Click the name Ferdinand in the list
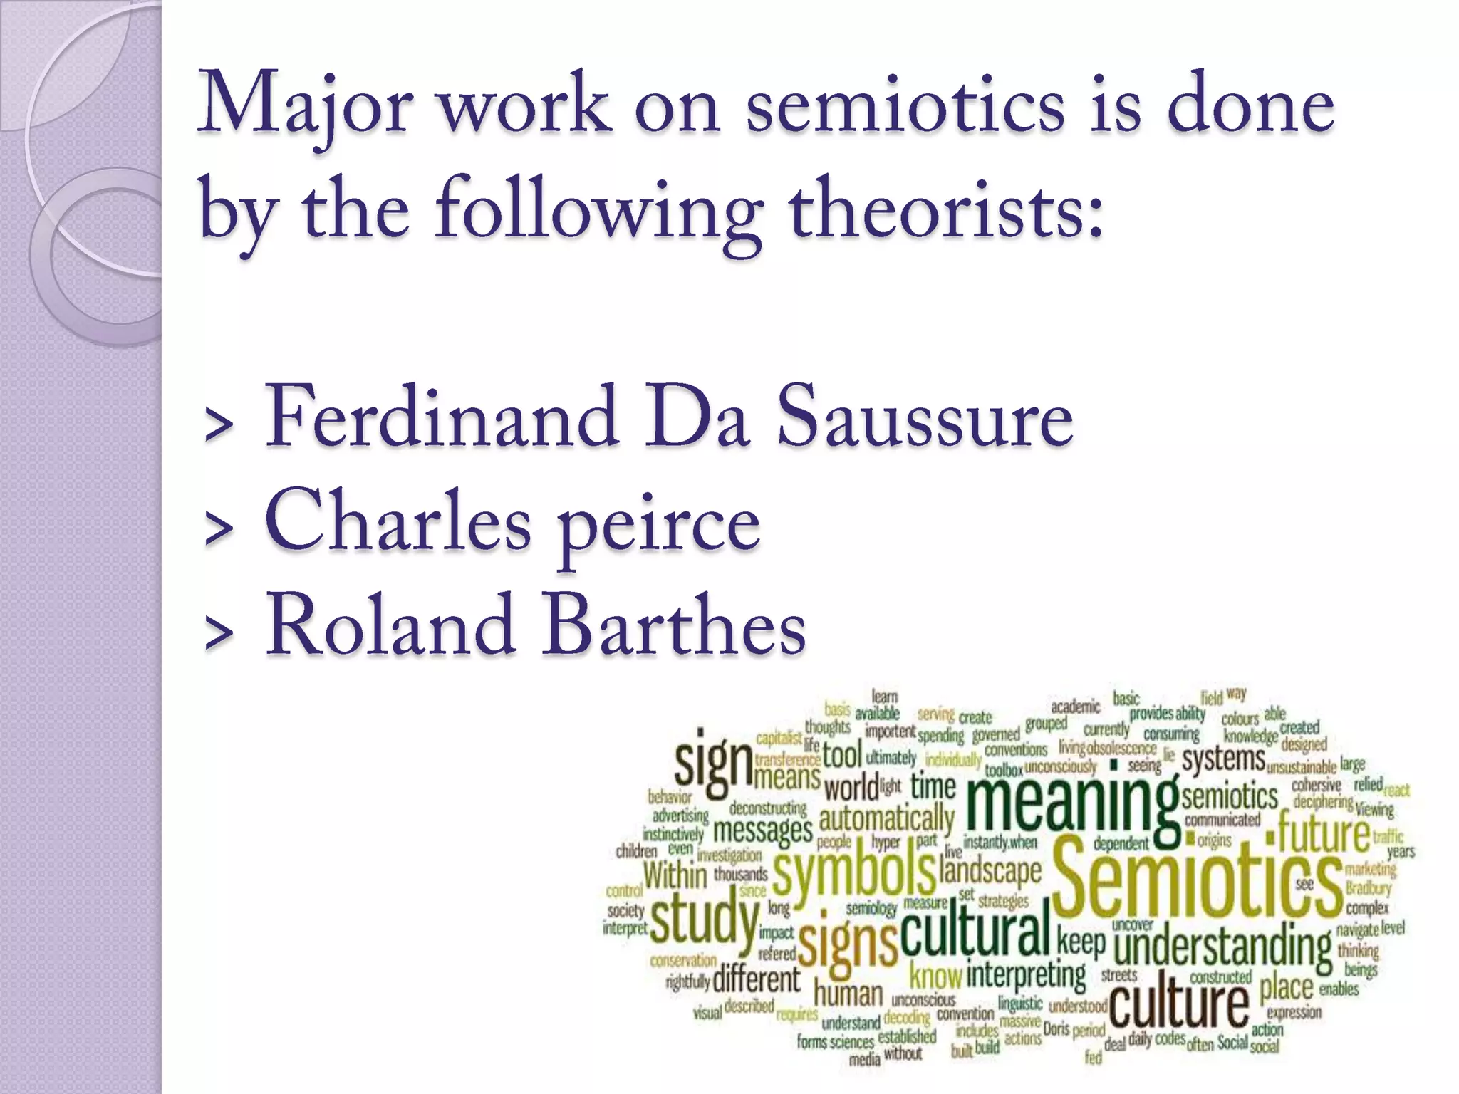coord(442,417)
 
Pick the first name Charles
coord(398,521)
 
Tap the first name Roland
coord(390,625)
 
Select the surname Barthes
coord(674,625)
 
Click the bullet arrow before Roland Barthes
coord(219,633)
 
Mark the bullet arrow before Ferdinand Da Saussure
coord(219,424)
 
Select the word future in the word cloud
coord(1323,833)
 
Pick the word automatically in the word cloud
coord(886,819)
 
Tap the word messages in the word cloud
coord(762,830)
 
